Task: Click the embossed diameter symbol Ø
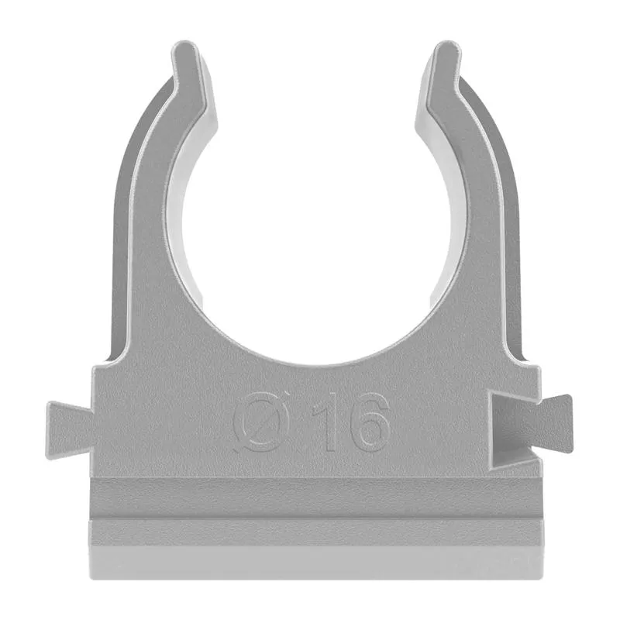(261, 422)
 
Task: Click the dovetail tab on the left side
(70, 430)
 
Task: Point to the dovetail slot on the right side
(510, 431)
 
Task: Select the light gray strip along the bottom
(316, 563)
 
